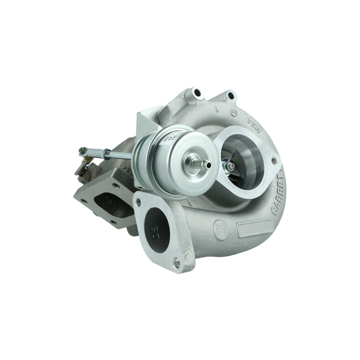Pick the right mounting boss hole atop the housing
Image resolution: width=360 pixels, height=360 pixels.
(230, 96)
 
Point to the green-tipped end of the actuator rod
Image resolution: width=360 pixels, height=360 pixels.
(82, 150)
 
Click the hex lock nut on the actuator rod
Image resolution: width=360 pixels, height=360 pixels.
(107, 153)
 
